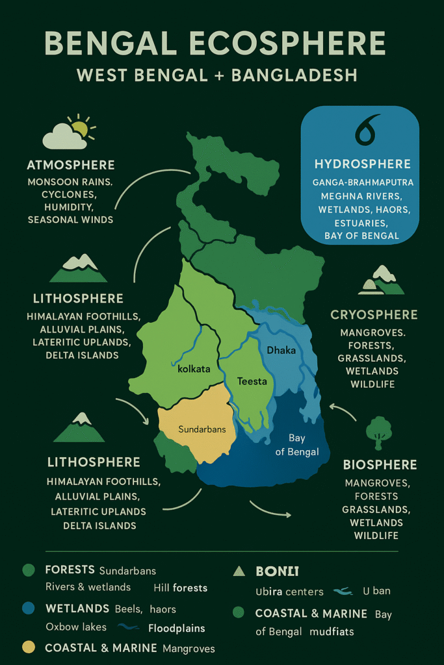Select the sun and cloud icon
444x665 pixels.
point(68,132)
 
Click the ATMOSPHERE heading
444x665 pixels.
point(71,165)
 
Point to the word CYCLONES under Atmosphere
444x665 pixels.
point(70,195)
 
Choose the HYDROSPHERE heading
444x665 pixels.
point(363,164)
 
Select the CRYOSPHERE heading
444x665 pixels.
point(374,315)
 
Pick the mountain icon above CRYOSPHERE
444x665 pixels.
point(382,281)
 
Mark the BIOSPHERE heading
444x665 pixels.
point(380,465)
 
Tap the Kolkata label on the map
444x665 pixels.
point(194,369)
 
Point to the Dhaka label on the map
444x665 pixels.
point(281,351)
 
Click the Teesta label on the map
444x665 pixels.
point(252,381)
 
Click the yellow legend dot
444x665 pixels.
point(28,647)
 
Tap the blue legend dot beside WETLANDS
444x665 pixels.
point(28,609)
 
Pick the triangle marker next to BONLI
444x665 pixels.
point(239,571)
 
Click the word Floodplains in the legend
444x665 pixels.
point(176,628)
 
